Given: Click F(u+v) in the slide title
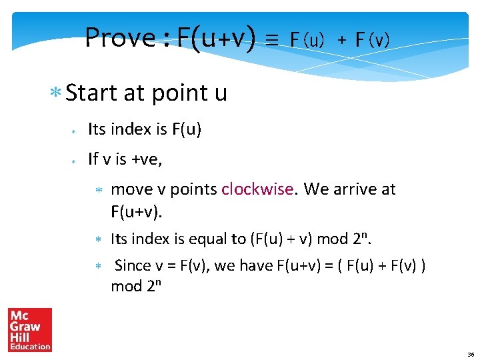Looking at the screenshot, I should pos(217,38).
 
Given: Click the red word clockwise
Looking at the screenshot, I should pos(257,189).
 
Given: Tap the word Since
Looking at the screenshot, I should pos(133,265).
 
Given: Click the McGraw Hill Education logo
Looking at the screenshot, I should pos(30,329).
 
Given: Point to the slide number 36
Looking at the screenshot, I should pos(471,354).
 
